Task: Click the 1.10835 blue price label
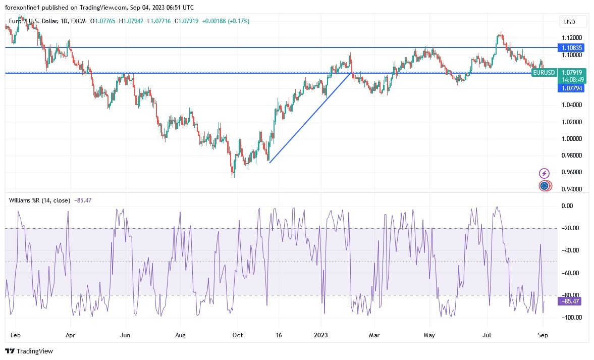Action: tap(571, 47)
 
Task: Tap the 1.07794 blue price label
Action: tap(571, 88)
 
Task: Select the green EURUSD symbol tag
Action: tap(544, 73)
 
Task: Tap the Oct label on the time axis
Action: tap(238, 334)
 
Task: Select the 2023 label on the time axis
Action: tap(321, 334)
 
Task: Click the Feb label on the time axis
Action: tap(15, 334)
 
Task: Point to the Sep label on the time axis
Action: tap(543, 334)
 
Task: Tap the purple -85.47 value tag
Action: tap(571, 301)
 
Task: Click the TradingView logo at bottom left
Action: tap(29, 351)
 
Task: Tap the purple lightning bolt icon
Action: tap(544, 173)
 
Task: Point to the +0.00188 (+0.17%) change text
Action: tap(225, 21)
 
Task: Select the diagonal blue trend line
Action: tap(310, 118)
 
